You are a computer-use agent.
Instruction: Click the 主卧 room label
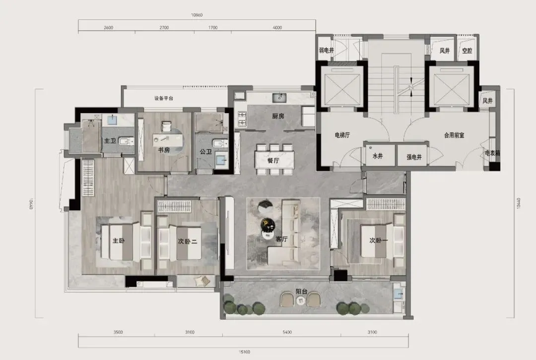(x=119, y=240)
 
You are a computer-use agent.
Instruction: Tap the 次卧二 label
(x=187, y=241)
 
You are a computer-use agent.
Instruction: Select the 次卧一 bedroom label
(x=378, y=240)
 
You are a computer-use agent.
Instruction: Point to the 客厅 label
(x=282, y=239)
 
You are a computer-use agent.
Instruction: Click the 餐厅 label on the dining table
(x=273, y=160)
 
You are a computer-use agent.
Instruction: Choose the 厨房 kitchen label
(x=278, y=116)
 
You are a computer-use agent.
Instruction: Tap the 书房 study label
(x=164, y=150)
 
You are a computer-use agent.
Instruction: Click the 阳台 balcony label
(x=302, y=292)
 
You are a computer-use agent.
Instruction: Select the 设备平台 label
(x=163, y=98)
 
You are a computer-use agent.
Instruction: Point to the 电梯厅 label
(x=342, y=135)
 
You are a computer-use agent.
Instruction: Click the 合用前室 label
(x=454, y=135)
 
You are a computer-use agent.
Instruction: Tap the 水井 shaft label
(x=377, y=156)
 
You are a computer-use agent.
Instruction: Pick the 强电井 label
(x=414, y=157)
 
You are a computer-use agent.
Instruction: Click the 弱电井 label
(x=327, y=50)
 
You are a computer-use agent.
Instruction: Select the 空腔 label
(x=467, y=51)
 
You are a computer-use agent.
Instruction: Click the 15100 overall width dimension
(x=244, y=352)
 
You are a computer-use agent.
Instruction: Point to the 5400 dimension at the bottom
(x=287, y=332)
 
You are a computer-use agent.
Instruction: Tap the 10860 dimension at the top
(x=197, y=15)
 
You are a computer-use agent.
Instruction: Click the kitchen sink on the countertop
(x=279, y=98)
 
